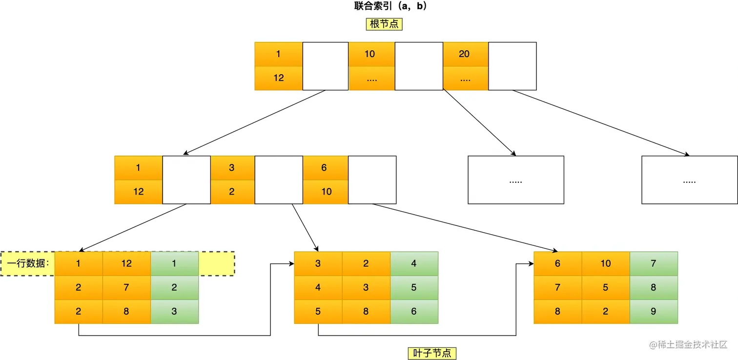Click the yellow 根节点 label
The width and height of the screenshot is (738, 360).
(384, 24)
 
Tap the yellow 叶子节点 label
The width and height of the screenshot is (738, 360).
(432, 353)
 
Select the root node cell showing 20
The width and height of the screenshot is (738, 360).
(465, 54)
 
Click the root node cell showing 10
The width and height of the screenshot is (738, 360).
(371, 54)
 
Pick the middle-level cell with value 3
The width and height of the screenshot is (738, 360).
(232, 168)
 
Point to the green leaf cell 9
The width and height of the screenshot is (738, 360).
(654, 311)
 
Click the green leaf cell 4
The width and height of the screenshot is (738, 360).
(414, 263)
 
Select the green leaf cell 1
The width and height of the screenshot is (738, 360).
(175, 263)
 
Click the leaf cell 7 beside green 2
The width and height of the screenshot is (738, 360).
(126, 287)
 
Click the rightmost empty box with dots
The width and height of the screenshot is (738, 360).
(689, 180)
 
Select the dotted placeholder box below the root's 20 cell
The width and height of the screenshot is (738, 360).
(515, 180)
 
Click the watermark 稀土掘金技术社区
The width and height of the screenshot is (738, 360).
(688, 344)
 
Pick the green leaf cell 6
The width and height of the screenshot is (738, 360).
(414, 311)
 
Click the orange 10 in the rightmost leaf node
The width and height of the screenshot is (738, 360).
(606, 263)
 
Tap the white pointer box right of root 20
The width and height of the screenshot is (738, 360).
(512, 66)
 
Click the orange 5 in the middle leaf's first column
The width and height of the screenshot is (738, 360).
(318, 311)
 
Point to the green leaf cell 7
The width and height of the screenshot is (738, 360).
(654, 263)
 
